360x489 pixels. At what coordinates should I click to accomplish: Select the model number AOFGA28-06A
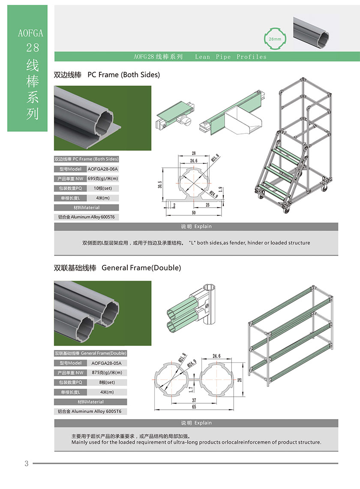[x=102, y=169]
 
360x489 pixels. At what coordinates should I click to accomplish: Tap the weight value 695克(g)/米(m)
[x=102, y=178]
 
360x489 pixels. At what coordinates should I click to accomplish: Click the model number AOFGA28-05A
[x=106, y=363]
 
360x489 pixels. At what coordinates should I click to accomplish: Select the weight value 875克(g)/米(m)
[x=107, y=372]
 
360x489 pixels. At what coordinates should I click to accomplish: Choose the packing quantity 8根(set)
[x=106, y=382]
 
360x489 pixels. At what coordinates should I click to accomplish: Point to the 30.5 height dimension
[x=160, y=185]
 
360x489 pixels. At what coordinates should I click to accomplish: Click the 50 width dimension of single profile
[x=193, y=213]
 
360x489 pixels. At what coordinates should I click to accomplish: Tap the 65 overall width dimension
[x=194, y=407]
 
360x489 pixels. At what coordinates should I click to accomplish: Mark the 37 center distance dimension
[x=194, y=400]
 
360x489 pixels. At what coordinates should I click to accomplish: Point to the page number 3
[x=26, y=463]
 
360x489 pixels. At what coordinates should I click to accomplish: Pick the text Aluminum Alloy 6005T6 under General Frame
[x=90, y=411]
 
